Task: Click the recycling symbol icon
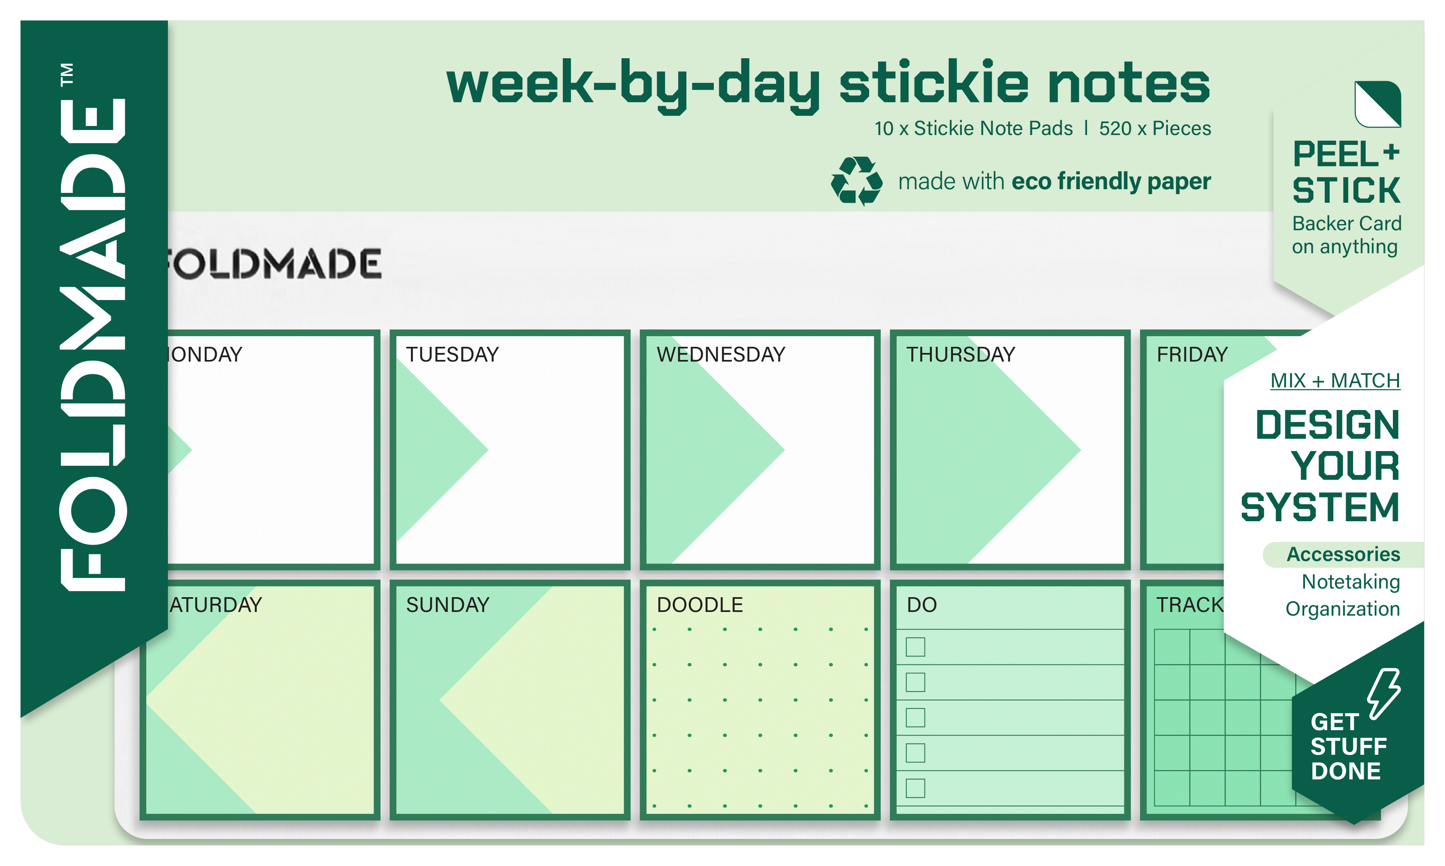click(856, 181)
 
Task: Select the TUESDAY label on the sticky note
click(452, 354)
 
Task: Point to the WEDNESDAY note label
click(721, 354)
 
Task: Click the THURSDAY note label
click(961, 354)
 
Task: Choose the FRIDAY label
click(1192, 354)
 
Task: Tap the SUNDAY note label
click(447, 605)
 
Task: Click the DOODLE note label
click(700, 605)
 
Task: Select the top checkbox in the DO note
click(915, 646)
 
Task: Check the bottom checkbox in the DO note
click(915, 788)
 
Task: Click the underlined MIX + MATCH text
click(1335, 380)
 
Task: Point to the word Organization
click(1342, 609)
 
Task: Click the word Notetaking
click(1351, 582)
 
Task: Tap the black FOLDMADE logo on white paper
click(274, 264)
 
